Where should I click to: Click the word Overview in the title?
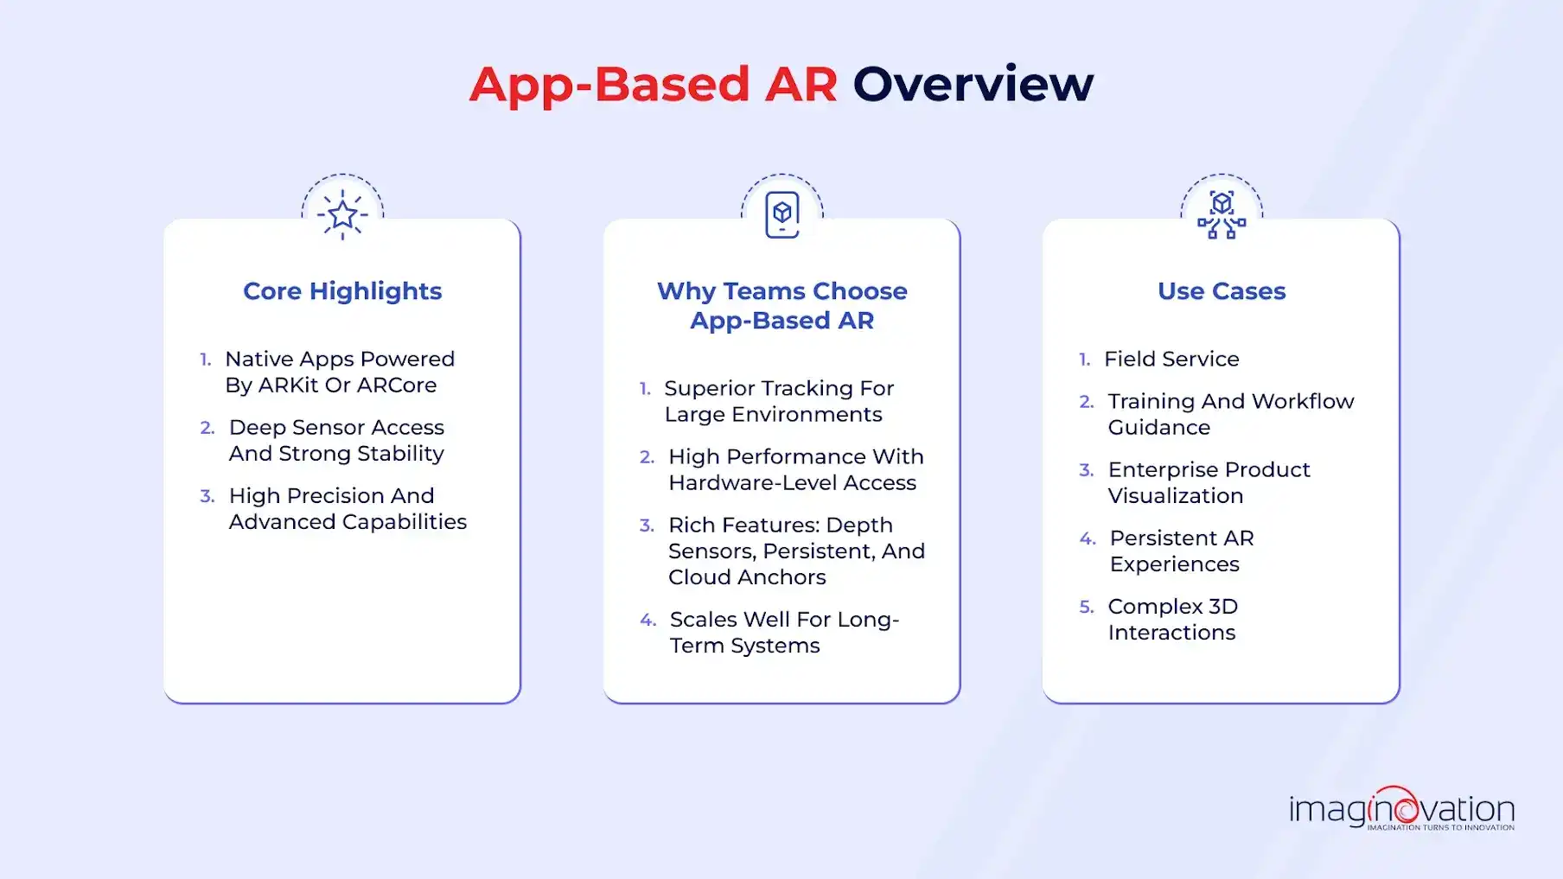(973, 85)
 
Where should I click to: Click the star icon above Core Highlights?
(342, 214)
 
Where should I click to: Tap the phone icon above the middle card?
(781, 213)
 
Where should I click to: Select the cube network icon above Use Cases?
(1221, 214)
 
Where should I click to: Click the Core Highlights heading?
(342, 291)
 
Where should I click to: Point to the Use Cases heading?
(1221, 291)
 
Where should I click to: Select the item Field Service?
(1171, 359)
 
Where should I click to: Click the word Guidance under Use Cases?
(1158, 428)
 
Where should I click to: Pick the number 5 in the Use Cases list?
(1086, 607)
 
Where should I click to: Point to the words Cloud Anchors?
(747, 577)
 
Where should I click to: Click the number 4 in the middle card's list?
(648, 620)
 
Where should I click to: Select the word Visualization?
(1175, 496)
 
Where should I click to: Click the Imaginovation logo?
(1400, 810)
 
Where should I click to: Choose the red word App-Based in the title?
(609, 85)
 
